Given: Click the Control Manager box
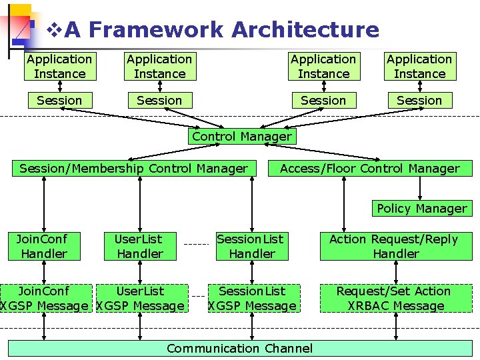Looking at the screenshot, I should [x=241, y=137].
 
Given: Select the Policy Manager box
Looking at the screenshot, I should [x=421, y=209].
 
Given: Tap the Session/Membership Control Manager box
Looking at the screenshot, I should [x=133, y=169].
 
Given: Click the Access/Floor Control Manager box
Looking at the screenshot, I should [x=369, y=169].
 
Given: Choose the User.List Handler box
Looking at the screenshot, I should [x=139, y=246].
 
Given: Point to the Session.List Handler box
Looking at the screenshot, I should [x=251, y=246].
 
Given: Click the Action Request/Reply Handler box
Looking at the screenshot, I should [x=395, y=246].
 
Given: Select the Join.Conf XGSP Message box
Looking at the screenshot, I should [x=43, y=299].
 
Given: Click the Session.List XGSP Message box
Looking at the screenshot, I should [x=251, y=299].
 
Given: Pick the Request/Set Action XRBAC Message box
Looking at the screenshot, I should [x=395, y=299].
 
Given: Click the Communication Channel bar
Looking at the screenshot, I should [x=239, y=348].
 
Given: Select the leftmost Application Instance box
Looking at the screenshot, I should [x=59, y=67].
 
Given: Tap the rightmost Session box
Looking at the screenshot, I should [x=419, y=101].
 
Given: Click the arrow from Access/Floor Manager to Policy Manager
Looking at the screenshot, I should [x=419, y=189].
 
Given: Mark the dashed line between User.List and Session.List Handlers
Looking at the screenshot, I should [x=196, y=244].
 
